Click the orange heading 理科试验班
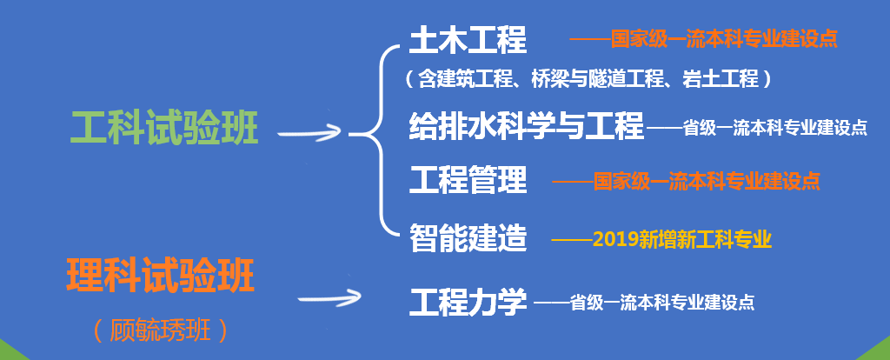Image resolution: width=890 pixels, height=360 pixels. [x=161, y=277]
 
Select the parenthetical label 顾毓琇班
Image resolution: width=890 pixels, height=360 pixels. [x=161, y=330]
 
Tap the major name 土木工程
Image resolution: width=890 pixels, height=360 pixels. [x=468, y=40]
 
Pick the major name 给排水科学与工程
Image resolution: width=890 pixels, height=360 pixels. [x=527, y=126]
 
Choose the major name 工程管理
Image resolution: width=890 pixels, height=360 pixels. [x=468, y=181]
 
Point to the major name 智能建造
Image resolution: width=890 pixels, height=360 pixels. [x=468, y=237]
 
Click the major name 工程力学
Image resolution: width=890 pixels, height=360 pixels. [x=468, y=303]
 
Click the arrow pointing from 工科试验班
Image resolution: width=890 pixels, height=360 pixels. [x=310, y=132]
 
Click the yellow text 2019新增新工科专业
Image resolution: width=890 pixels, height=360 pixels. [x=682, y=237]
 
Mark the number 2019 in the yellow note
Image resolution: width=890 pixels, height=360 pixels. [x=616, y=237]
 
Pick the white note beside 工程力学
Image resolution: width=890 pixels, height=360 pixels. [x=644, y=303]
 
